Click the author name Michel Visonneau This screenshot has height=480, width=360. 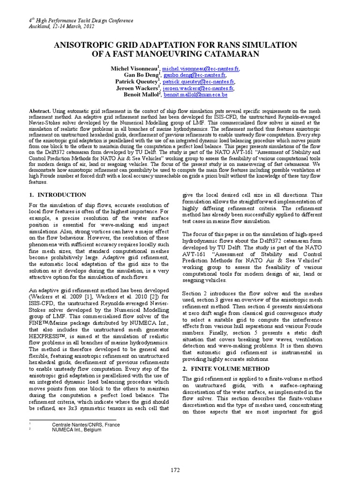(x=135, y=68)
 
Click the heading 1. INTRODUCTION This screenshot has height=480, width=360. (x=58, y=195)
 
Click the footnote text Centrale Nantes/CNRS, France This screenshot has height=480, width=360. (x=86, y=425)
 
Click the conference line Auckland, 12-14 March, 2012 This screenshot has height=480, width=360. (x=62, y=27)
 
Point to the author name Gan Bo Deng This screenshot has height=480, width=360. (x=141, y=75)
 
